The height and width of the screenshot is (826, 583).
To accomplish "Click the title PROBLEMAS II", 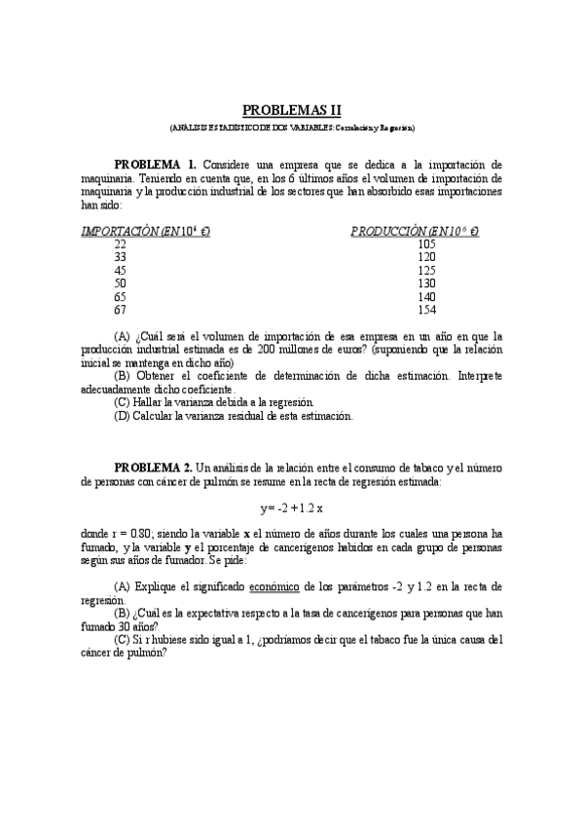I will (x=291, y=111).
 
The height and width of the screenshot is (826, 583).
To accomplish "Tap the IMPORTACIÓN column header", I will (x=146, y=232).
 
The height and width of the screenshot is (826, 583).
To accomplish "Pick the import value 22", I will (x=120, y=244).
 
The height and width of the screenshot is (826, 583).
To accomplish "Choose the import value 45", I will (x=120, y=270).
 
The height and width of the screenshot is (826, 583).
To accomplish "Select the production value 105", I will (x=426, y=244).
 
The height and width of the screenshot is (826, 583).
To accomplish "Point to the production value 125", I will (x=426, y=270).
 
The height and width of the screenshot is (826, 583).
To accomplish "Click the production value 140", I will (x=426, y=296).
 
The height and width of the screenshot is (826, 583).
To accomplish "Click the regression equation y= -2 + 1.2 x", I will (x=291, y=508).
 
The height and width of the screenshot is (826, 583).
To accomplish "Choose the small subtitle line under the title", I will (x=291, y=128).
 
